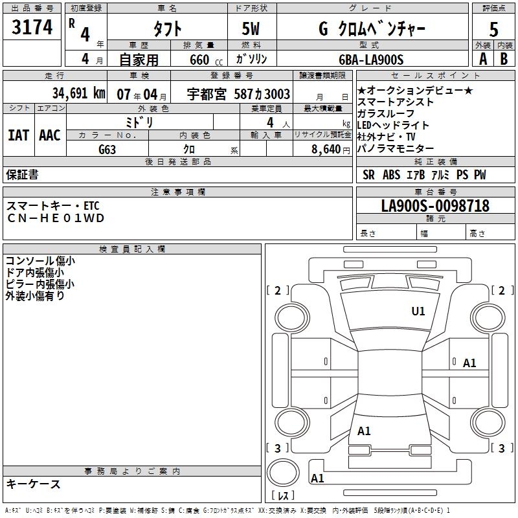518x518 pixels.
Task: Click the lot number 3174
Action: pyautogui.click(x=32, y=28)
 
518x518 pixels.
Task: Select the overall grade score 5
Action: pyautogui.click(x=493, y=30)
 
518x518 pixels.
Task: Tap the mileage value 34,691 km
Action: pyautogui.click(x=78, y=94)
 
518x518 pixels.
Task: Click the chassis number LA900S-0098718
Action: pyautogui.click(x=435, y=207)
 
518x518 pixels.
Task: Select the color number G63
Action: pyautogui.click(x=108, y=149)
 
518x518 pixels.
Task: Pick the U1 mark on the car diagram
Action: pyautogui.click(x=418, y=311)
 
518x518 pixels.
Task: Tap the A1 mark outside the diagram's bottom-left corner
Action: pyautogui.click(x=317, y=479)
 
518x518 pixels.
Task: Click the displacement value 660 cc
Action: pyautogui.click(x=200, y=60)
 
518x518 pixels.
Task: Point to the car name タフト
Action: pyautogui.click(x=166, y=29)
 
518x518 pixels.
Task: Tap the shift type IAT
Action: pyautogui.click(x=18, y=135)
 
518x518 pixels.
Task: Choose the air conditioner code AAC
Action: pyautogui.click(x=50, y=135)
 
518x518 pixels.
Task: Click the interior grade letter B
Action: pyautogui.click(x=503, y=59)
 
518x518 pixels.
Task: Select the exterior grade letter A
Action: pyautogui.click(x=482, y=59)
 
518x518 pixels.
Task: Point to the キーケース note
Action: pyautogui.click(x=33, y=484)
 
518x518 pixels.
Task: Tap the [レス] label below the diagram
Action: pyautogui.click(x=283, y=496)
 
